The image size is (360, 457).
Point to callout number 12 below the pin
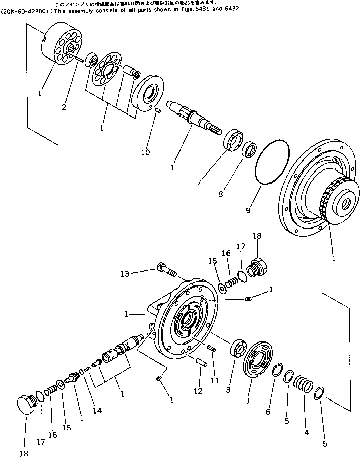198,390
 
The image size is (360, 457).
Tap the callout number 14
97,410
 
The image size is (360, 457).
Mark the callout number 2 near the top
64,107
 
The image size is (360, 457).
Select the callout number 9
248,210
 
